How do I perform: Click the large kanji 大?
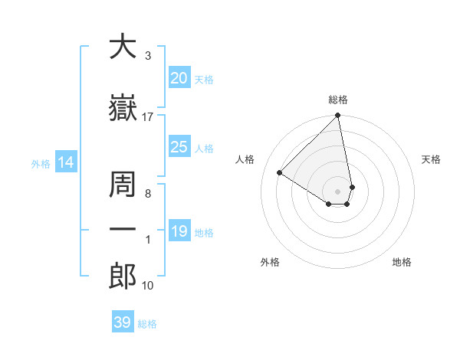tap(123, 47)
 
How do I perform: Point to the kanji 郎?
tap(123, 276)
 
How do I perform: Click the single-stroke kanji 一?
tap(123, 229)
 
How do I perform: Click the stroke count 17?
tap(148, 116)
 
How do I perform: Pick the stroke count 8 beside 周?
tap(147, 194)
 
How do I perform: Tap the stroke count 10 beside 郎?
tap(148, 286)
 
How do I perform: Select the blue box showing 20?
tap(179, 78)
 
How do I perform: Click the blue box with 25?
tap(179, 147)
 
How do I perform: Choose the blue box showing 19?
tap(179, 231)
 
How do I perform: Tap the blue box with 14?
tap(65, 162)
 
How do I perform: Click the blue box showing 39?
tap(122, 322)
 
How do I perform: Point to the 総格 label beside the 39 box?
tap(147, 324)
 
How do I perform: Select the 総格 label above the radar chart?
tap(338, 100)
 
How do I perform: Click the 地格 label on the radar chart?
tap(402, 262)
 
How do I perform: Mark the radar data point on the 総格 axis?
tap(338, 116)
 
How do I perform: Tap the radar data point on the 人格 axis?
tap(280, 173)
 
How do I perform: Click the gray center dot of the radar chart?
tap(338, 191)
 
